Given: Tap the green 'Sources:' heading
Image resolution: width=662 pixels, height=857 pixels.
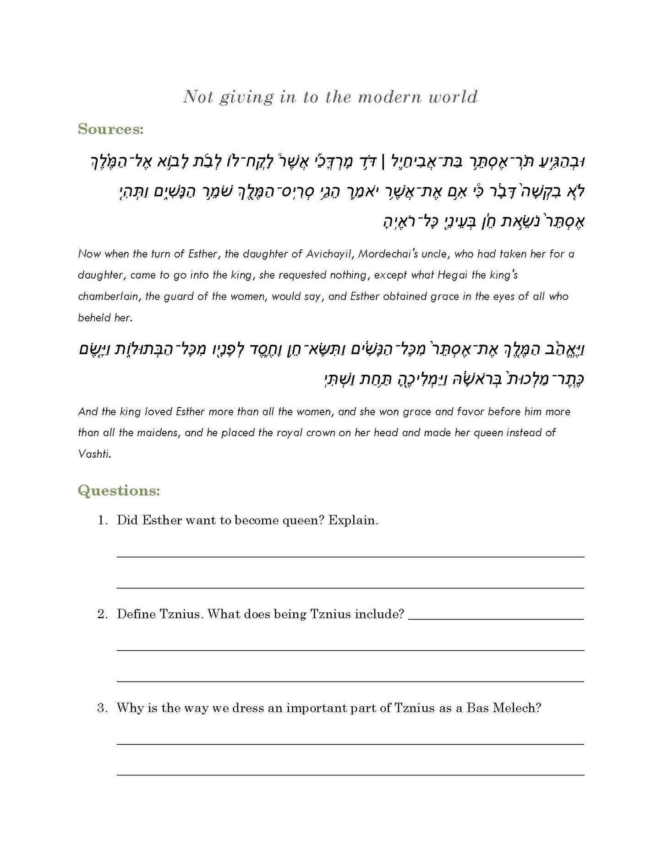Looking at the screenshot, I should (111, 129).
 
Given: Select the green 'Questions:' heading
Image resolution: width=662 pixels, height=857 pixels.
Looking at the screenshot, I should (119, 491).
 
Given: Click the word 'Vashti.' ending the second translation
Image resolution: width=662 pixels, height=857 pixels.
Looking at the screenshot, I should (95, 454).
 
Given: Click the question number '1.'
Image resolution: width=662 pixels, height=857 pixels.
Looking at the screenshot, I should (103, 521).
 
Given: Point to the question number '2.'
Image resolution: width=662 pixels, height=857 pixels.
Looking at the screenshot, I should (103, 615).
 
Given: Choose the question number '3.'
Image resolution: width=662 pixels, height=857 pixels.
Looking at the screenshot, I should (103, 709).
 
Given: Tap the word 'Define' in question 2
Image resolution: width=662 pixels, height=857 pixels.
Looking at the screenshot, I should (136, 615).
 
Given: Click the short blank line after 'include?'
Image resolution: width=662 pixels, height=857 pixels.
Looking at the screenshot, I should (496, 619).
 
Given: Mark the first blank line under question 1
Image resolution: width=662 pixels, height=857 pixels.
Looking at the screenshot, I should (350, 556).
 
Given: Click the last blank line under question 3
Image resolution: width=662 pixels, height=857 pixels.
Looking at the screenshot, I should (350, 775).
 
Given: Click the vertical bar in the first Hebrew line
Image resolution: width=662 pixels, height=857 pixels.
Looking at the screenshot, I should (383, 161).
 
